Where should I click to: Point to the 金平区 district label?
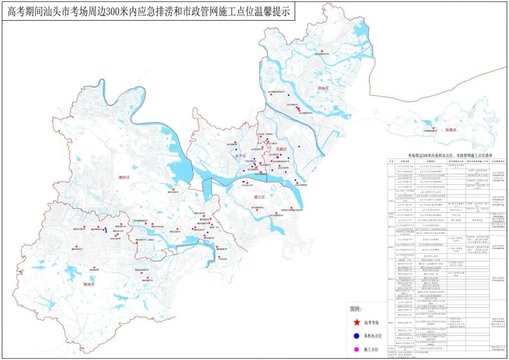pyautogui.click(x=240, y=155)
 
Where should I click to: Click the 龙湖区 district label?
pyautogui.click(x=281, y=149)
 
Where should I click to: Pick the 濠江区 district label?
pyautogui.click(x=259, y=197)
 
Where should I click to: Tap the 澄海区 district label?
pyautogui.click(x=320, y=88)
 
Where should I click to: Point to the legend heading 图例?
pyautogui.click(x=356, y=310)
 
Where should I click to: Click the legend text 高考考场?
pyautogui.click(x=374, y=323)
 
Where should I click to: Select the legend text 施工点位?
pyautogui.click(x=374, y=349)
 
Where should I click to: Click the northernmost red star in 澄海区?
pyautogui.click(x=322, y=51)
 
